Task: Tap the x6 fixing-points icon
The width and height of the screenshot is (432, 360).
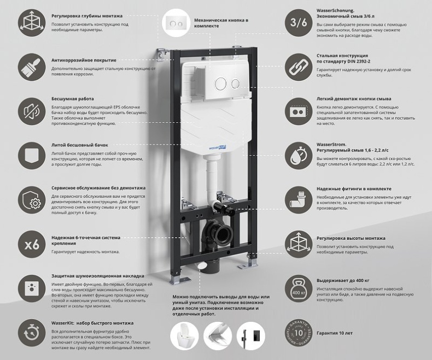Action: (x=32, y=244)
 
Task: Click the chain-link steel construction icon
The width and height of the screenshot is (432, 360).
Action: (x=299, y=66)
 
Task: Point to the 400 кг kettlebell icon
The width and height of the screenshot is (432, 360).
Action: (x=299, y=288)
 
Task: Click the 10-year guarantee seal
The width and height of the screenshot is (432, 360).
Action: (x=299, y=332)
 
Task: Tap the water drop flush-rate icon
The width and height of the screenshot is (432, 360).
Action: (x=299, y=155)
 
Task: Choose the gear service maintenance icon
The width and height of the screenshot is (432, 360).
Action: (x=32, y=199)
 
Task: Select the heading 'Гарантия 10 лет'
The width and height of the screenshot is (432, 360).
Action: (x=334, y=333)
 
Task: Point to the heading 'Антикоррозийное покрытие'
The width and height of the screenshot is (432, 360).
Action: (x=84, y=60)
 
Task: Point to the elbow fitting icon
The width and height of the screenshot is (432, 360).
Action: (x=299, y=199)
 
